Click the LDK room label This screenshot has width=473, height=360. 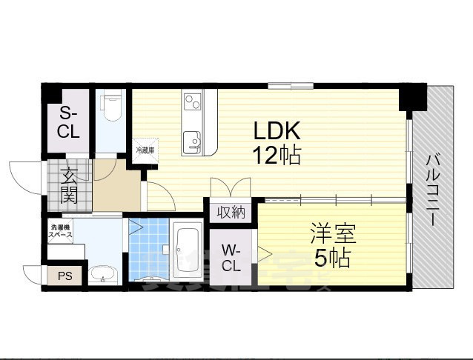[277, 131]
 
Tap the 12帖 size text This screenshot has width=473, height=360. [277, 156]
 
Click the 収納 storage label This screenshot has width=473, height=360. [231, 213]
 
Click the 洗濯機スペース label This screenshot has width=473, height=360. [62, 230]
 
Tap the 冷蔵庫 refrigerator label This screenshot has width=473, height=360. [145, 150]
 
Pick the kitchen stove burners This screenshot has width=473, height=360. [193, 101]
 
